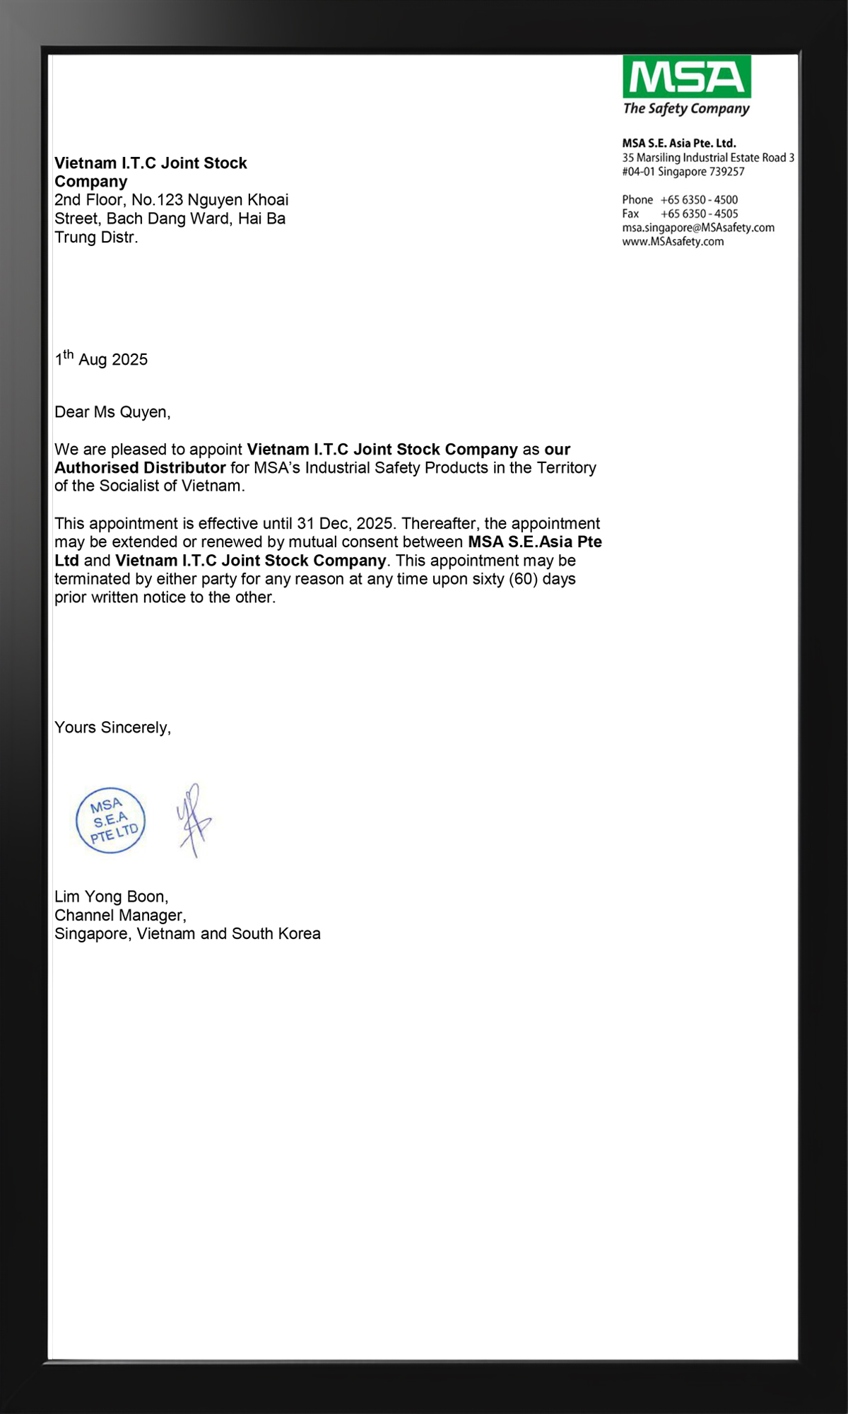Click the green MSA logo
click(686, 77)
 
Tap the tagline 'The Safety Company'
click(685, 109)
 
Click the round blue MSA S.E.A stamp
click(111, 820)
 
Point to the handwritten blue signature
click(194, 820)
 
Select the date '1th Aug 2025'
click(101, 358)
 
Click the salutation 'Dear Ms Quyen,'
click(112, 412)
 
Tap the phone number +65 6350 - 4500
click(699, 200)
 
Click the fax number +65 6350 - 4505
click(699, 214)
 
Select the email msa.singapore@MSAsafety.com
click(698, 228)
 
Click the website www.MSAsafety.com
click(673, 242)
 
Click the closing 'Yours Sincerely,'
click(112, 728)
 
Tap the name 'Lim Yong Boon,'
click(111, 896)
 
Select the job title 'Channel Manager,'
click(120, 915)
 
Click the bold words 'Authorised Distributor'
click(140, 468)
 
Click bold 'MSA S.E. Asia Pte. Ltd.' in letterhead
click(678, 144)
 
